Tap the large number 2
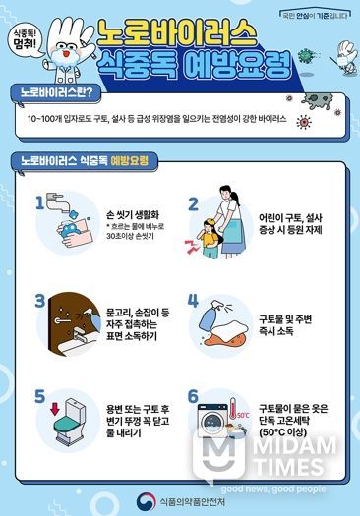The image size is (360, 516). coord(194,204)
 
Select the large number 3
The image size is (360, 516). coord(39,299)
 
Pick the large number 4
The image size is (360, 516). coord(194,300)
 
